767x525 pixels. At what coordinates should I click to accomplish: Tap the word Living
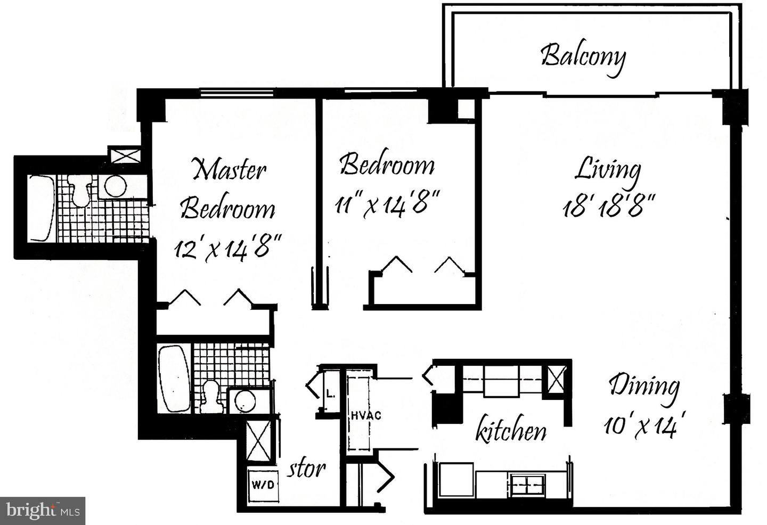[608, 170]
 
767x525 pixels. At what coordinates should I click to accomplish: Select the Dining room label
[644, 385]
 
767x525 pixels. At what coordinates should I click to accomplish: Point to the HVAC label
[365, 415]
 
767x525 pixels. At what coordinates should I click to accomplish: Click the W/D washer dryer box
[263, 485]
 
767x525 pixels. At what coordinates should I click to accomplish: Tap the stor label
[307, 469]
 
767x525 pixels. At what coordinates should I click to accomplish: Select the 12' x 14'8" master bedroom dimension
[227, 248]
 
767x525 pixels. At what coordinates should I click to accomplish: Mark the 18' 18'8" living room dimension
[608, 206]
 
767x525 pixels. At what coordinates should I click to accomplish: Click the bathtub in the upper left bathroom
[41, 208]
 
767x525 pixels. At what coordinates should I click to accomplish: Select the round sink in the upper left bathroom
[115, 186]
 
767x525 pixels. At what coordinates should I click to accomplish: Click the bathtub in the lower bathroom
[174, 379]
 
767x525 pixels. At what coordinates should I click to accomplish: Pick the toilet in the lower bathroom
[211, 397]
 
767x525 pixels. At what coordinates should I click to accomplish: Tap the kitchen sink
[527, 484]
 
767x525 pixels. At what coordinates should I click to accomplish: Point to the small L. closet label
[330, 395]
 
